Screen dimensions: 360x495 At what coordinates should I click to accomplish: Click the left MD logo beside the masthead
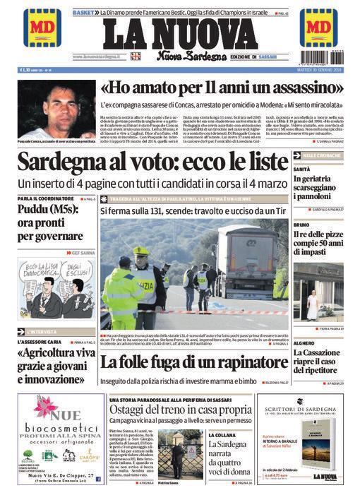(x=42, y=28)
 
